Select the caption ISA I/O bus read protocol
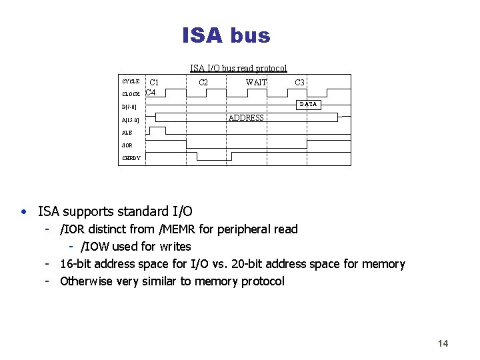coord(238,68)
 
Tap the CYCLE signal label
coord(131,82)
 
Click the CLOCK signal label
coord(131,94)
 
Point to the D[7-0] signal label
coord(129,107)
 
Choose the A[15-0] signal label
coord(131,121)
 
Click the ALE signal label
coord(127,133)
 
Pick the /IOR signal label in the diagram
coord(127,145)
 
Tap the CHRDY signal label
coord(131,158)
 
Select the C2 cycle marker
coord(203,83)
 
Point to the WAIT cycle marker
coord(256,83)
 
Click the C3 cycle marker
coord(300,83)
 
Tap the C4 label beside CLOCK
coord(151,93)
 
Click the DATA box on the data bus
coord(308,104)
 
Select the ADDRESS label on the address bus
coord(246,118)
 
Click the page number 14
coord(443,343)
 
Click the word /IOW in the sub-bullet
coord(100,247)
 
